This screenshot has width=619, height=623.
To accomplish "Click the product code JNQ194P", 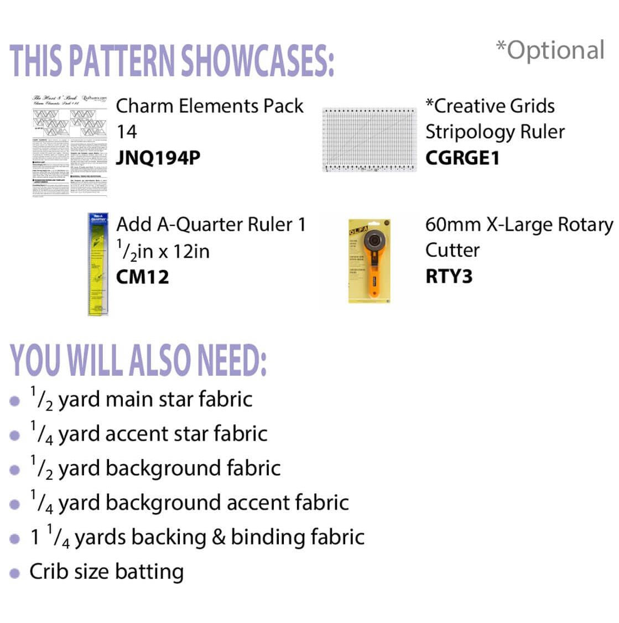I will click(x=158, y=158).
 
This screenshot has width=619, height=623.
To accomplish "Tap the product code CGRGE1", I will click(x=462, y=158).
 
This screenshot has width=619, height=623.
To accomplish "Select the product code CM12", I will click(x=142, y=277).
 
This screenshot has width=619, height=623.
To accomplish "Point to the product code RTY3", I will click(x=449, y=276).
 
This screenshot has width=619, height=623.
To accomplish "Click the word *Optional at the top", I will click(x=550, y=50).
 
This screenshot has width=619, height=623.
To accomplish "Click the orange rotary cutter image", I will click(x=369, y=261).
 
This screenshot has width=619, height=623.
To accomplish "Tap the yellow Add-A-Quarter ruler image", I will click(x=98, y=264).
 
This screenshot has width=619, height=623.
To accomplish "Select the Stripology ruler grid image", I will click(x=368, y=139).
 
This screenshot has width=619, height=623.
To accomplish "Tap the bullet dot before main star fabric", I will click(x=15, y=401).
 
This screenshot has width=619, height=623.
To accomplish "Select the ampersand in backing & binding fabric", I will click(x=217, y=537).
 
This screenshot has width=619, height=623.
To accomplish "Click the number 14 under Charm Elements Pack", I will click(x=127, y=132).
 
